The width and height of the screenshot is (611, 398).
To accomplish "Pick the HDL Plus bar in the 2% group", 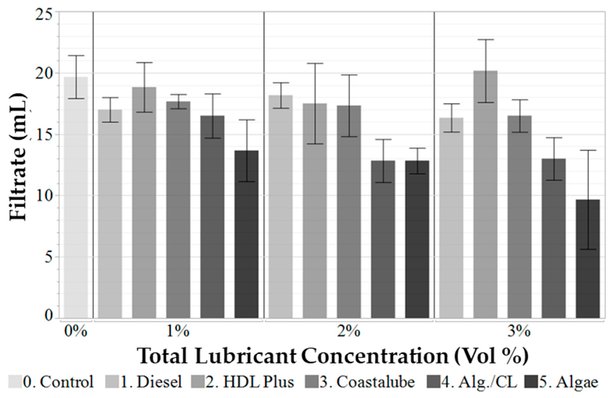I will click(315, 211).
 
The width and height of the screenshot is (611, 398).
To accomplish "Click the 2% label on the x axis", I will click(349, 332).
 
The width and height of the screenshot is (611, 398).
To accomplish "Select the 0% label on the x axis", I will click(76, 332).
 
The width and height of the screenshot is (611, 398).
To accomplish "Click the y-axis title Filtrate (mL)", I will click(18, 157).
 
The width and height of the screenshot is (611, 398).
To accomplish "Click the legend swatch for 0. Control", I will click(15, 382).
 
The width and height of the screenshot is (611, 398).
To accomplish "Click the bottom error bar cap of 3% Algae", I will click(588, 249).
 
